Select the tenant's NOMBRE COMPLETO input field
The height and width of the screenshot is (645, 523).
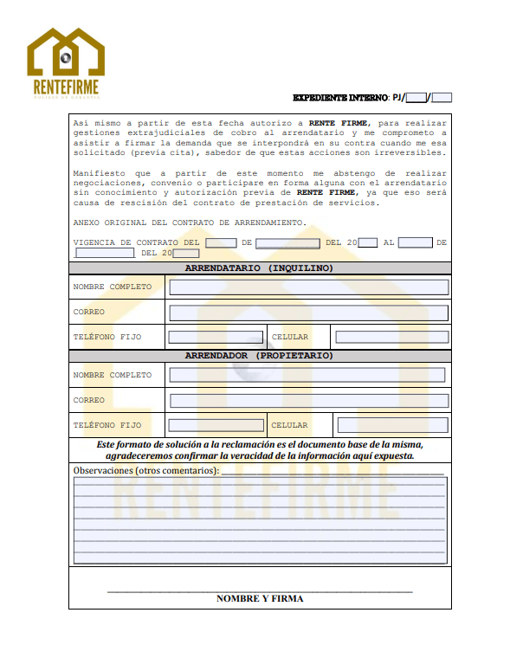(x=308, y=287)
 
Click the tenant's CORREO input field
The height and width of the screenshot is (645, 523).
(x=308, y=313)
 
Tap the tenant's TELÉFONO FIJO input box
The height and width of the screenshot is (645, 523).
(x=216, y=337)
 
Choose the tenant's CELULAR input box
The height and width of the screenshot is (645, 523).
(x=391, y=337)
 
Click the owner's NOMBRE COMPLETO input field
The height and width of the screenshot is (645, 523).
(x=307, y=375)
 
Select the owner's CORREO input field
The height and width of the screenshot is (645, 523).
(x=308, y=400)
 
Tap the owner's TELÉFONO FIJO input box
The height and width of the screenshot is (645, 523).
(x=216, y=425)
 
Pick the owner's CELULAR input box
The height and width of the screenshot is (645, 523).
(x=392, y=425)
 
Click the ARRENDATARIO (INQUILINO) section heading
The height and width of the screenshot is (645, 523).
(x=259, y=268)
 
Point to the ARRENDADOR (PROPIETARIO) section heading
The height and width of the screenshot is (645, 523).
(x=259, y=356)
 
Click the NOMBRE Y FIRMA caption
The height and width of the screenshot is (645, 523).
(x=260, y=598)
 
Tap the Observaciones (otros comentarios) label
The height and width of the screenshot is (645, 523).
(x=146, y=470)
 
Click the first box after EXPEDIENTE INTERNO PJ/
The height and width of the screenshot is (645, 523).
(x=416, y=98)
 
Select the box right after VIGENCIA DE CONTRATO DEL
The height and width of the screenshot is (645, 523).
(x=221, y=243)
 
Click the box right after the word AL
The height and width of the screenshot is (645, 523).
(x=416, y=243)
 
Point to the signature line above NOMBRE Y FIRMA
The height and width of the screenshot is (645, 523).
(x=260, y=590)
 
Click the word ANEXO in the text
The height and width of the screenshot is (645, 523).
(x=87, y=223)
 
